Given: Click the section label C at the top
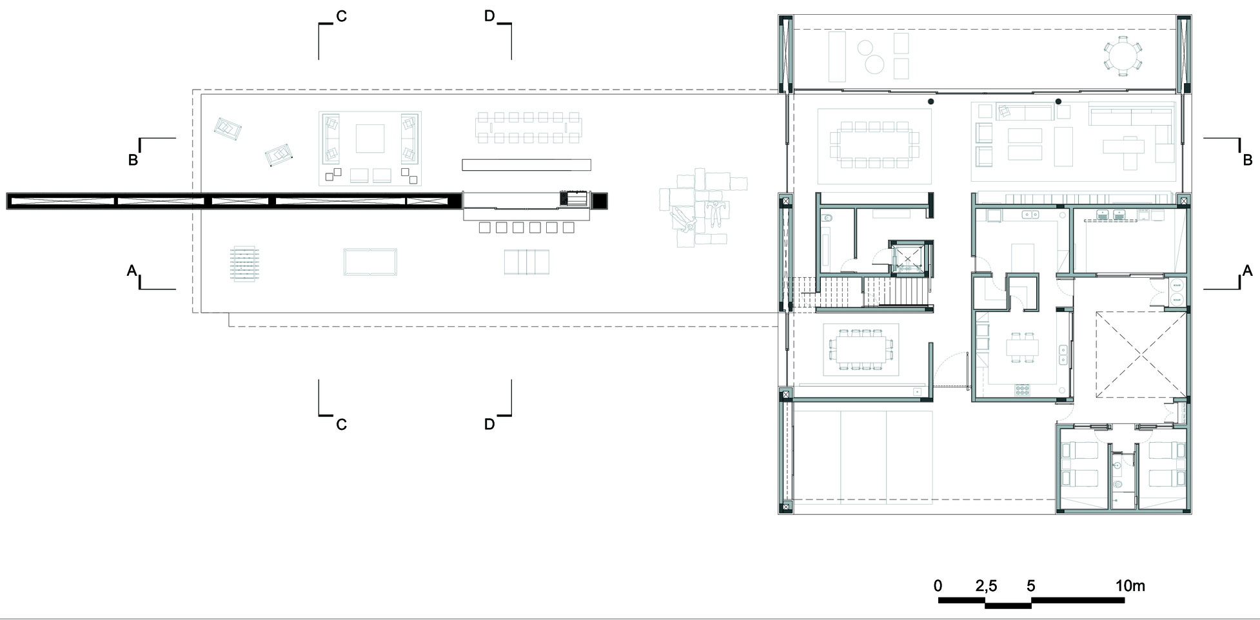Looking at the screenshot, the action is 341,16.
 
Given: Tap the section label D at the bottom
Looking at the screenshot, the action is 489,424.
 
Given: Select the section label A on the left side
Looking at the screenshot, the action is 132,271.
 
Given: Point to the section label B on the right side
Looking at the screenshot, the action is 1248,160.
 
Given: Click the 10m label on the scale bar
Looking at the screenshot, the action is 1130,586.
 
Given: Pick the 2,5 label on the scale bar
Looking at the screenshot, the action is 986,586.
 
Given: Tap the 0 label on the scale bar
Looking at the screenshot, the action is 938,586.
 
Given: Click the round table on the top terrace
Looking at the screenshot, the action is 1123,54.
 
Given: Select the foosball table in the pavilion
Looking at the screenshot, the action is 245,265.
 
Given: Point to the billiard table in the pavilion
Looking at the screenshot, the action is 369,262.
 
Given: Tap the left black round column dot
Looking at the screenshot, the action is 930,102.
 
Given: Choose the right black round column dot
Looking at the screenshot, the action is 1058,102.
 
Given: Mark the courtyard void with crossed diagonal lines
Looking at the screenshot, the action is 1141,354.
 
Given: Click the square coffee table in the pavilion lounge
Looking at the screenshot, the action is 369,139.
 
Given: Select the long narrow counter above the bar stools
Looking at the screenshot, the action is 526,165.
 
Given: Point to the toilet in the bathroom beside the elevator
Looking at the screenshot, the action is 829,218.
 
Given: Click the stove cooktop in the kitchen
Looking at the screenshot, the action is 1023,389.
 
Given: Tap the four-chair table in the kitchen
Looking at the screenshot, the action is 1023,348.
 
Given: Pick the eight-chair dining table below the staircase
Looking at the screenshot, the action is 861,349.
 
